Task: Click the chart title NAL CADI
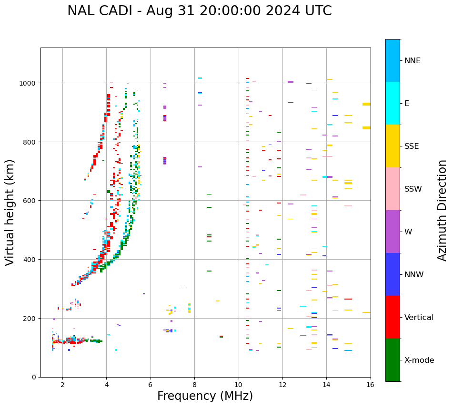coord(199,11)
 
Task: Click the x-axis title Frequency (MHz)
coord(205,396)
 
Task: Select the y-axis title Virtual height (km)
coord(10,212)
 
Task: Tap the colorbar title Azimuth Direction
coord(443,210)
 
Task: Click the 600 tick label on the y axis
coord(29,201)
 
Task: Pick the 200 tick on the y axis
coord(29,318)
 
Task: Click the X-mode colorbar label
coord(419,360)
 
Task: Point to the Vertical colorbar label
coord(419,318)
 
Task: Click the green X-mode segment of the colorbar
coord(393,360)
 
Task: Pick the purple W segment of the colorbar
coord(393,232)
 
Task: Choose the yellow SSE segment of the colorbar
coord(393,146)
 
